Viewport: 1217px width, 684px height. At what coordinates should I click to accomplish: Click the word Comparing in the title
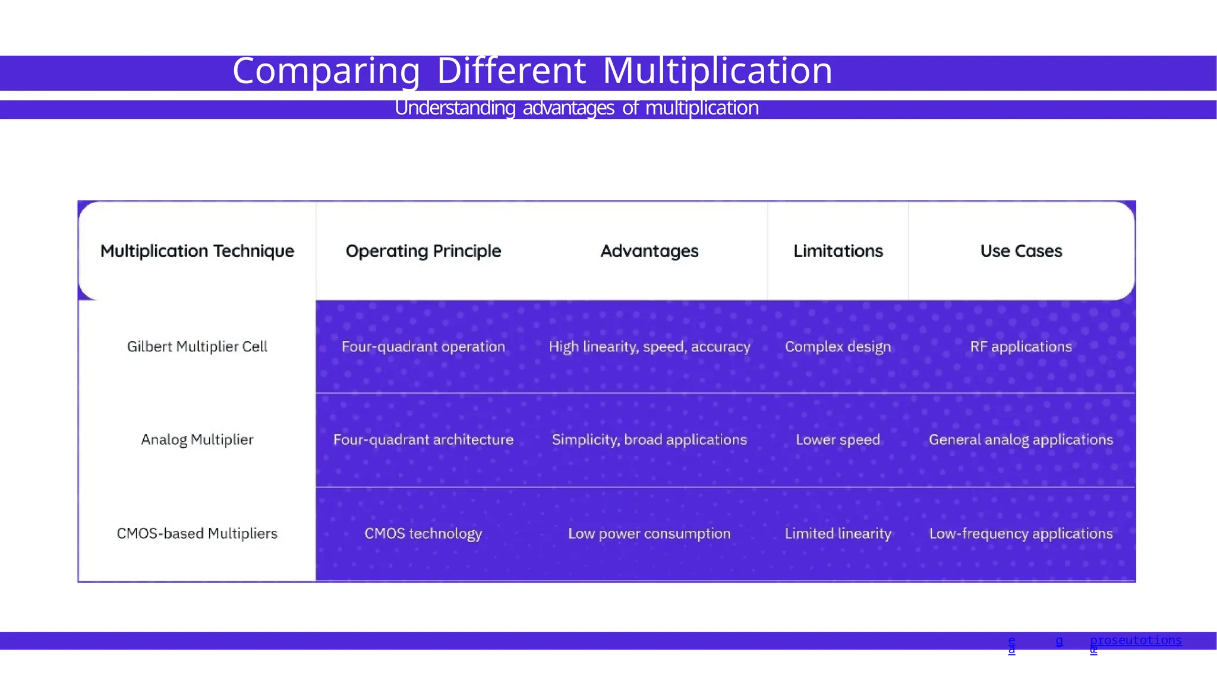326,71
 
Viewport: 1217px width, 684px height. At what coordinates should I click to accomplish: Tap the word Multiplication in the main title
717,71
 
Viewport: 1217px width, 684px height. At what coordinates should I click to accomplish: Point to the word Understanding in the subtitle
455,108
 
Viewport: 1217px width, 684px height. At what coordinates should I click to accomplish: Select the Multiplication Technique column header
197,251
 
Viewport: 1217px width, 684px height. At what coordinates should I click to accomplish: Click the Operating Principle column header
423,251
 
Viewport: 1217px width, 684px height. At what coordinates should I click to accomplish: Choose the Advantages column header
650,251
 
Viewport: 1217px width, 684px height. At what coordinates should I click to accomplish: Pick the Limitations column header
838,251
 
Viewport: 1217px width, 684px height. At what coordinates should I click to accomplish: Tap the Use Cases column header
1021,251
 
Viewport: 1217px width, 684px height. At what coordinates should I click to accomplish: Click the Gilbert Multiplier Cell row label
197,347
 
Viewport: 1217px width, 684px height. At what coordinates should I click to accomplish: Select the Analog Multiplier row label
197,440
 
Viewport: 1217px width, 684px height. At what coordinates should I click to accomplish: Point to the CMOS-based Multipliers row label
197,534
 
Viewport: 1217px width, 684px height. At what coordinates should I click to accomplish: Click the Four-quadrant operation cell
423,347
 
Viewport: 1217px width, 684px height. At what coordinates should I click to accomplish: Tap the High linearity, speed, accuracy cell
650,347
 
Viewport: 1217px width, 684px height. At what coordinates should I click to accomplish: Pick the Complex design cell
838,347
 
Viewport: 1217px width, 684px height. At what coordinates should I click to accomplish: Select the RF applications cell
1021,347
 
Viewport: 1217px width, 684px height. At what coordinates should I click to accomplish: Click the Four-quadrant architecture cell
423,440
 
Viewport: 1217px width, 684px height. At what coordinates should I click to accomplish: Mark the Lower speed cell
838,440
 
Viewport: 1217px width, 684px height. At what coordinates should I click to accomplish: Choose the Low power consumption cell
650,534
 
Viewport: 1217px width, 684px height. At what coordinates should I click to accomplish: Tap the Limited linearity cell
838,534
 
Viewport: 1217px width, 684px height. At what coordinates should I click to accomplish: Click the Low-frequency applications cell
1021,534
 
